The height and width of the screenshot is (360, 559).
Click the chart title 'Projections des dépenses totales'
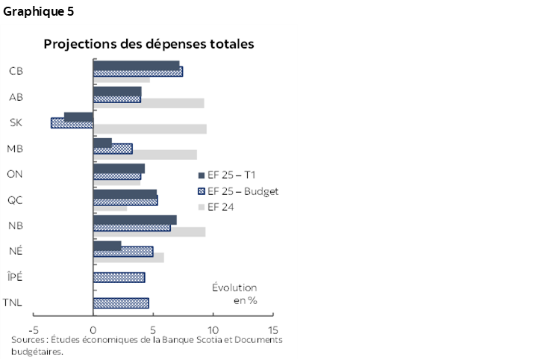pyautogui.click(x=149, y=44)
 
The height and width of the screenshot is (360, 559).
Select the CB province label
pyautogui.click(x=15, y=71)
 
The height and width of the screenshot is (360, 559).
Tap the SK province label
pyautogui.click(x=15, y=122)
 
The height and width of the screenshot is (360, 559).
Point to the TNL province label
pyautogui.click(x=12, y=302)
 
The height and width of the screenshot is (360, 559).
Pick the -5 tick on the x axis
pyautogui.click(x=34, y=329)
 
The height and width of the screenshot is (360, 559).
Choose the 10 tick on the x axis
pyautogui.click(x=212, y=329)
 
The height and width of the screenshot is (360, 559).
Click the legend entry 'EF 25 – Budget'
pyautogui.click(x=237, y=191)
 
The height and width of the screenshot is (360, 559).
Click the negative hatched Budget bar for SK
pyautogui.click(x=72, y=123)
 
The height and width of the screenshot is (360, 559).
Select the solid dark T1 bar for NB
pyautogui.click(x=134, y=220)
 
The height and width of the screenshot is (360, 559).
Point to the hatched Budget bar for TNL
pyautogui.click(x=120, y=302)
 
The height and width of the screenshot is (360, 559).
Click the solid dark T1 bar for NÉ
pyautogui.click(x=107, y=245)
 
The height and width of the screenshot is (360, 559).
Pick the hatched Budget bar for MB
pyautogui.click(x=113, y=149)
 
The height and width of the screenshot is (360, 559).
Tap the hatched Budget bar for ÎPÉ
pyautogui.click(x=119, y=277)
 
